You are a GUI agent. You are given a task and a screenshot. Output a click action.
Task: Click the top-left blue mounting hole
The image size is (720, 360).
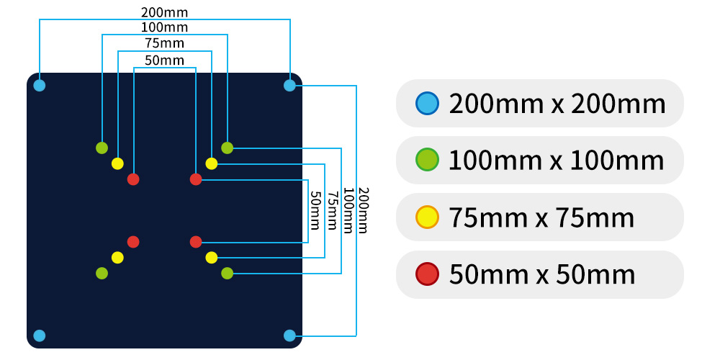[40, 86]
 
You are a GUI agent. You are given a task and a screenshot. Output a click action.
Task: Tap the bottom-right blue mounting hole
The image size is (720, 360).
[289, 336]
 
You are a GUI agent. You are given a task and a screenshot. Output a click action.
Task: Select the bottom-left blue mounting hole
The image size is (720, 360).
[40, 336]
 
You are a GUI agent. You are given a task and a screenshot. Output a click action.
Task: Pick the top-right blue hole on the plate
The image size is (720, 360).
[289, 86]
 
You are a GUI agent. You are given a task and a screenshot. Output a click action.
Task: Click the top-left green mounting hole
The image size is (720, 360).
[102, 148]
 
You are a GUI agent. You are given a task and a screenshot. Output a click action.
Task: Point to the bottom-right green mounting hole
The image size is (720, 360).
[227, 273]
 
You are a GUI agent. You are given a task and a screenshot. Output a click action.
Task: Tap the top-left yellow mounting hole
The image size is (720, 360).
[117, 163]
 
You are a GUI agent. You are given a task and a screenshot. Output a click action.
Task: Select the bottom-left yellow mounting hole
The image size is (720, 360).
[117, 257]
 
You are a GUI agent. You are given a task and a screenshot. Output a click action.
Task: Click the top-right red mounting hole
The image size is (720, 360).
[196, 179]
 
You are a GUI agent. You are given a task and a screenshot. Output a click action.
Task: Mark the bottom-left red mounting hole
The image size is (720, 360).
[133, 242]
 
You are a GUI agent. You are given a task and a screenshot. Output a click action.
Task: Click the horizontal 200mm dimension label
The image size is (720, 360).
[165, 12]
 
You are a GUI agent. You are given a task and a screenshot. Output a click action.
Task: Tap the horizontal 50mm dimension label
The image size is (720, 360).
[165, 60]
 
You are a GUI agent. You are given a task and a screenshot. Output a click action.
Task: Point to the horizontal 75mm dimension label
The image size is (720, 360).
[165, 44]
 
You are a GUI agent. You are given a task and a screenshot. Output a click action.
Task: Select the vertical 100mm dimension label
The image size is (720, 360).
[347, 210]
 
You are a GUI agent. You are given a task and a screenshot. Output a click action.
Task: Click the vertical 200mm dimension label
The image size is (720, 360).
[363, 210]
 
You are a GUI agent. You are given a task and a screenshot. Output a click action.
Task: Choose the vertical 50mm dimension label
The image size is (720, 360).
[315, 210]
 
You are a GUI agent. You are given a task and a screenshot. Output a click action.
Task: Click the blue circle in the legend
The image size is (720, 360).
[427, 103]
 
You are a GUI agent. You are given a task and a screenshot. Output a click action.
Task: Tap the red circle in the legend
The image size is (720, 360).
[427, 274]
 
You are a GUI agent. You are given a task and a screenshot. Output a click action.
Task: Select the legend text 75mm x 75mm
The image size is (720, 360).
[541, 217]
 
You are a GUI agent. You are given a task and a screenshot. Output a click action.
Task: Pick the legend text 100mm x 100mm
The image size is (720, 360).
[556, 160]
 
